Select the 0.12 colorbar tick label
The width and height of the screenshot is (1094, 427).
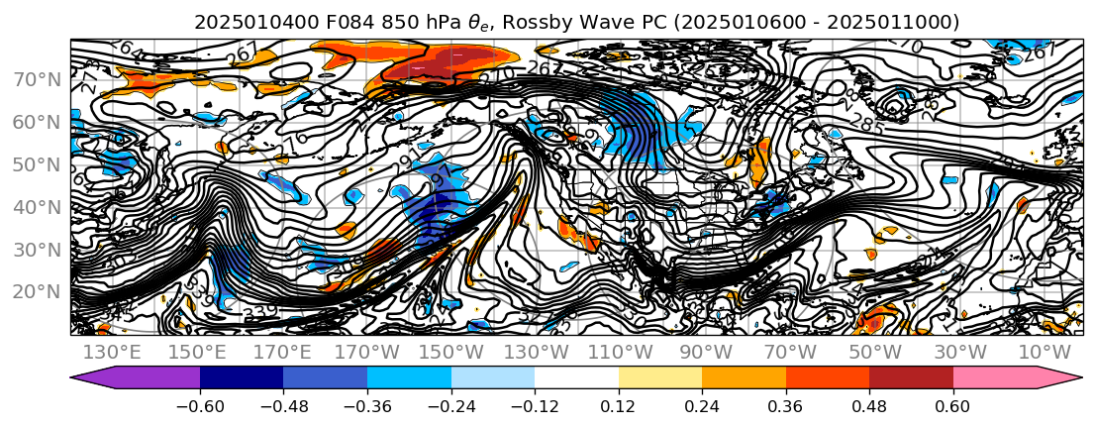tap(619, 408)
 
